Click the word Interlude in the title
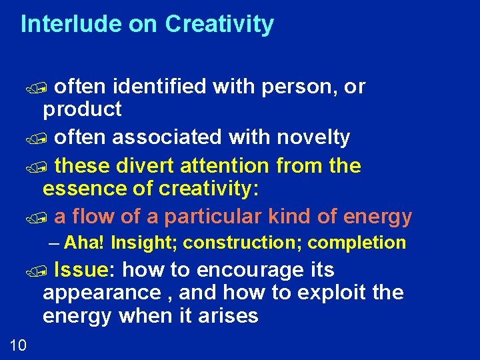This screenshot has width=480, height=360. click(62, 24)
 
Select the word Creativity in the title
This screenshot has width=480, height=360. click(219, 24)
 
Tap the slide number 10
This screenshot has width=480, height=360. click(18, 344)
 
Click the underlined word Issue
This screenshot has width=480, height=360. click(80, 270)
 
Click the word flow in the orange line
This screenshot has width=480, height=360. click(92, 217)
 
